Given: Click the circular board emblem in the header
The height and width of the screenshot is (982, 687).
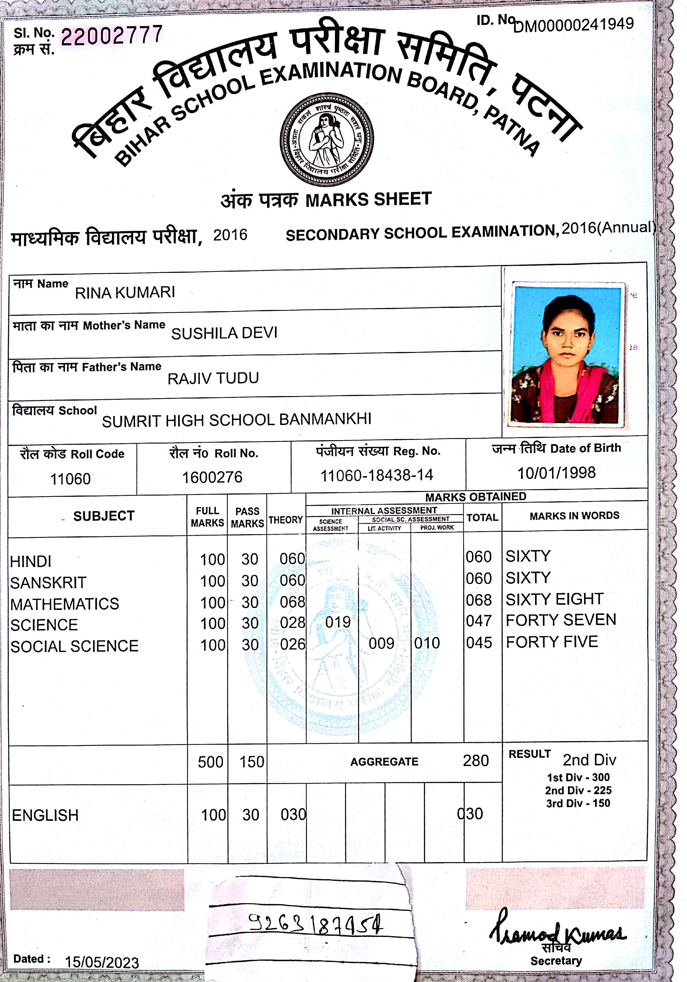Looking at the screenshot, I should [x=326, y=139].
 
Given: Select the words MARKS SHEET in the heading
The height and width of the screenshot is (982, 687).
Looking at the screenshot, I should [x=368, y=199].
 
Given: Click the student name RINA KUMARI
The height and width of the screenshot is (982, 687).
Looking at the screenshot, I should [x=125, y=292].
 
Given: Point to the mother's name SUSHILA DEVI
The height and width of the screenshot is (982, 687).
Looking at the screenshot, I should [x=224, y=333].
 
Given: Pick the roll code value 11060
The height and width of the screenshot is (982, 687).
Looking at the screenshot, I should [x=71, y=479].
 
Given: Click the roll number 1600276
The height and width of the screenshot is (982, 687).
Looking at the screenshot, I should [x=212, y=477].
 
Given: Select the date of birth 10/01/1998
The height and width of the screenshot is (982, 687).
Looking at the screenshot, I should [x=556, y=473].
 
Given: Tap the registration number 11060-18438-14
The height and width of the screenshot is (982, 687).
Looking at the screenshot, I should [x=377, y=475].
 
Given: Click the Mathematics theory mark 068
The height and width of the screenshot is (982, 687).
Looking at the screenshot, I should [x=292, y=602].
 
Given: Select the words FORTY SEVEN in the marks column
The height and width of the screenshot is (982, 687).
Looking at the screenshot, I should [x=561, y=620].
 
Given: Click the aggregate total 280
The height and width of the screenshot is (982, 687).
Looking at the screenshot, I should [x=476, y=761].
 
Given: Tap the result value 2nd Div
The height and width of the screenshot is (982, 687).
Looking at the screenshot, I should [x=589, y=760].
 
